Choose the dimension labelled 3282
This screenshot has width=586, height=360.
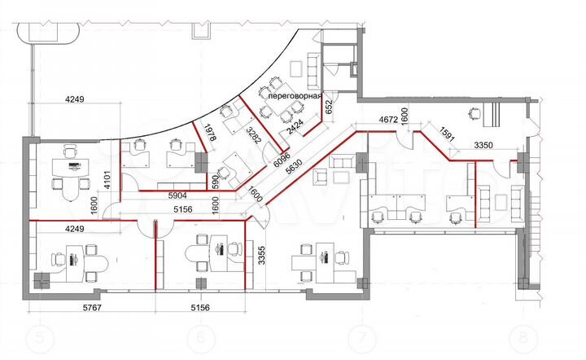coord(253,136)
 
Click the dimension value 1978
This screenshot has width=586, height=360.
coord(210,132)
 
